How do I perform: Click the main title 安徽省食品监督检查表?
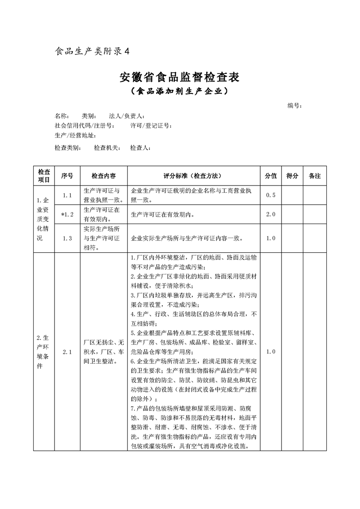click(x=179, y=77)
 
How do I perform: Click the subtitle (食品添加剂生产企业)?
click(x=179, y=92)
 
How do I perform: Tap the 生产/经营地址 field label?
click(x=75, y=135)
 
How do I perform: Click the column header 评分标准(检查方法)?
click(x=192, y=176)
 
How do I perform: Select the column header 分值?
click(x=271, y=176)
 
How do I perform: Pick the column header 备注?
click(x=315, y=176)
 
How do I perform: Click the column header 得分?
click(x=293, y=176)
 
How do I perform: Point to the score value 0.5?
click(x=271, y=195)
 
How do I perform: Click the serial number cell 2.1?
click(x=68, y=352)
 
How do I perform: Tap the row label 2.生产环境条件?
click(x=44, y=352)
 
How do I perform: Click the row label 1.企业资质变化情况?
click(x=44, y=219)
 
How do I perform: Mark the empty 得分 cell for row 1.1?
click(x=293, y=195)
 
